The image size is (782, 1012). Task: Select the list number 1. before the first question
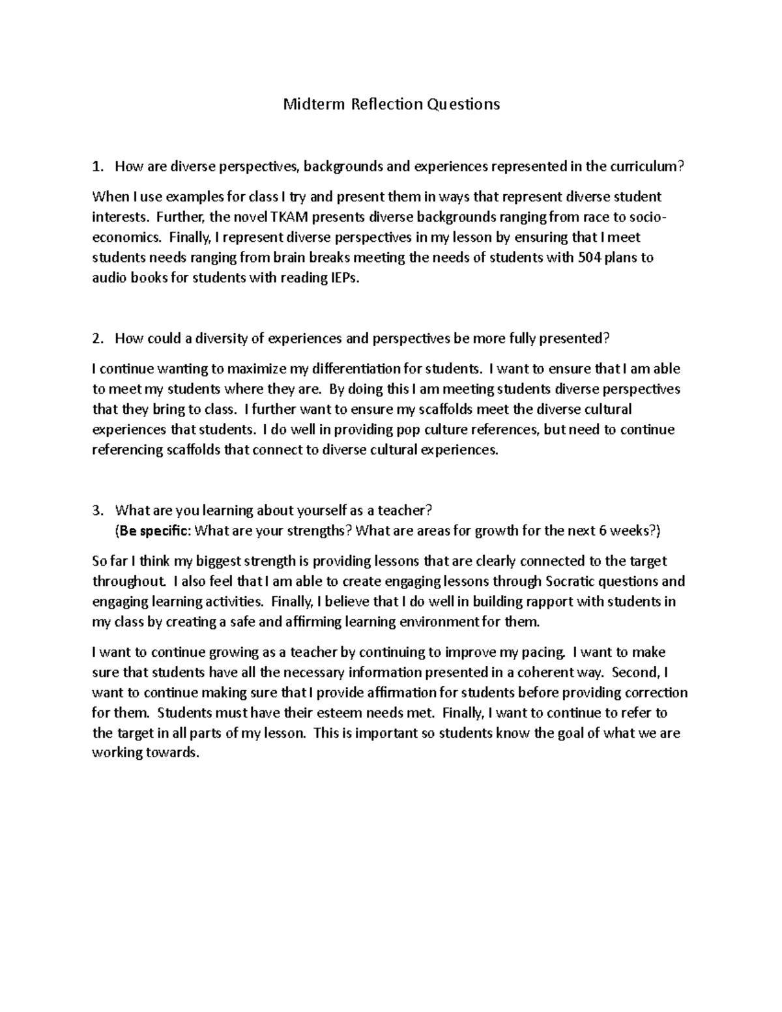pos(98,167)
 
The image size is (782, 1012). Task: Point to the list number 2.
pos(98,339)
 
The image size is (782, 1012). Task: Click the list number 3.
pos(98,510)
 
